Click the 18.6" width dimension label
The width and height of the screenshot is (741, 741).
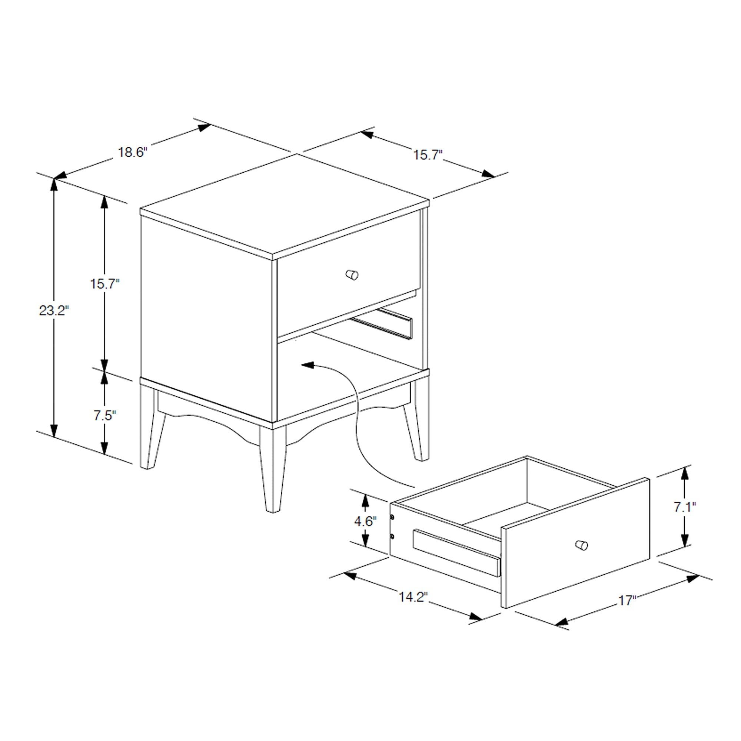tap(132, 152)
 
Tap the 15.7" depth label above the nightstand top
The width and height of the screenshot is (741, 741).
tap(428, 155)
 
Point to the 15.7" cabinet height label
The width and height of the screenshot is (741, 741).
tap(105, 284)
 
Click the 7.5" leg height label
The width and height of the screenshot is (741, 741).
tap(105, 415)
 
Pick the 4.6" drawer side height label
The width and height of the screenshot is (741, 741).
tap(365, 521)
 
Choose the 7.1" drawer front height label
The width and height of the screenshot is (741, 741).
tap(685, 507)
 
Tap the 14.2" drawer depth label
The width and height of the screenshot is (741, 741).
tap(413, 597)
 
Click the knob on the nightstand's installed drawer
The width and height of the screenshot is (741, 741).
tap(352, 275)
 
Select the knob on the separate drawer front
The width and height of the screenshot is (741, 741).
tap(582, 545)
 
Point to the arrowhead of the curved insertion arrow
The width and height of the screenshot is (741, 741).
tap(307, 364)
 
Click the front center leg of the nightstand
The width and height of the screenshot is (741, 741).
tap(273, 470)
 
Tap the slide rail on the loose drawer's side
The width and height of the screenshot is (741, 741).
tap(456, 552)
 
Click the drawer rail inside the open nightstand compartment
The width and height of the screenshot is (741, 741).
tap(383, 324)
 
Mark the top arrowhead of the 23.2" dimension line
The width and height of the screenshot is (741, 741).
tap(54, 185)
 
